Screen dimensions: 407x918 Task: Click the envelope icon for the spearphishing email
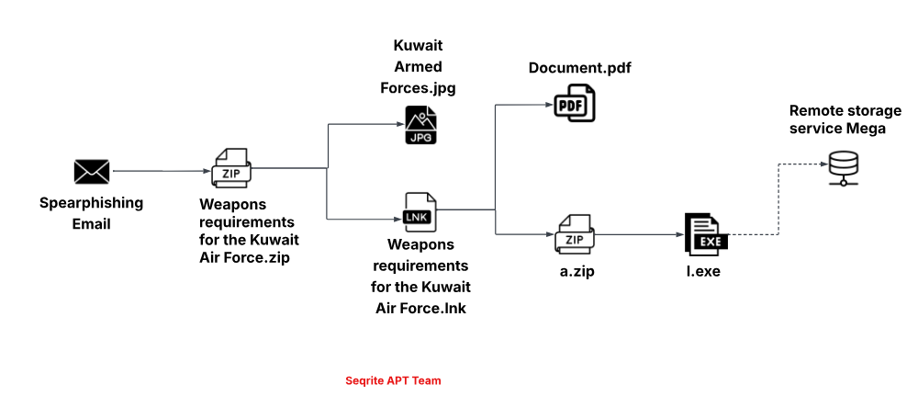(x=92, y=171)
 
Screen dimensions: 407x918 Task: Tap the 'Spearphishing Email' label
(x=91, y=212)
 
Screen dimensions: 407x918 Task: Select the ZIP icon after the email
(x=229, y=166)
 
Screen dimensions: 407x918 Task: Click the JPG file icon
(x=420, y=125)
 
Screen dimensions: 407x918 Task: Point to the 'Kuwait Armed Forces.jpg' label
(x=418, y=67)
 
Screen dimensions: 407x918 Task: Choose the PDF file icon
(x=575, y=102)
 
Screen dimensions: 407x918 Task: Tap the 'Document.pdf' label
(x=579, y=69)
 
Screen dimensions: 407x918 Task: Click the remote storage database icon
(x=842, y=168)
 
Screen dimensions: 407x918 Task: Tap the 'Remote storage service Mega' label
(x=837, y=119)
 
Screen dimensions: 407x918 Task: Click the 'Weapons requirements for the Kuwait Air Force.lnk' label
(x=420, y=277)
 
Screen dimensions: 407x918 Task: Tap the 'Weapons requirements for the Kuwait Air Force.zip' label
(x=249, y=231)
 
